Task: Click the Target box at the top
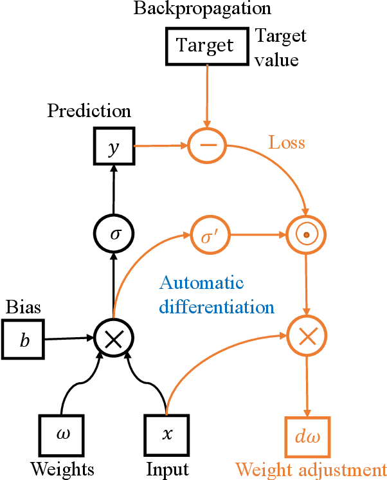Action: pyautogui.click(x=206, y=46)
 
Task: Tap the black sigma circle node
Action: pyautogui.click(x=113, y=234)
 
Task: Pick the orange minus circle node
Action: pyautogui.click(x=207, y=146)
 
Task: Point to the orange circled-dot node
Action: pyautogui.click(x=306, y=234)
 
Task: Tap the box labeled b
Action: pyautogui.click(x=24, y=339)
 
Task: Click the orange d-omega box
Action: pyautogui.click(x=306, y=438)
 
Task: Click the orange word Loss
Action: pyautogui.click(x=287, y=142)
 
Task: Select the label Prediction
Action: pyautogui.click(x=89, y=111)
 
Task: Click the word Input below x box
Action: pyautogui.click(x=166, y=468)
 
